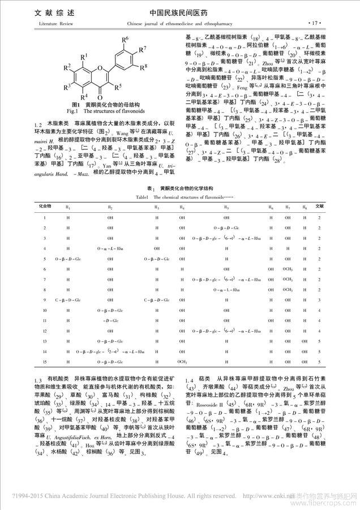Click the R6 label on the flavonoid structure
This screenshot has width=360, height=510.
pos(126,38)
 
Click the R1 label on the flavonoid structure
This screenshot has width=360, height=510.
pos(83,56)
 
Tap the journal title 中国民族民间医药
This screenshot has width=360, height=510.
pos(179,11)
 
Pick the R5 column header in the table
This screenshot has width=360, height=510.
pos(226,207)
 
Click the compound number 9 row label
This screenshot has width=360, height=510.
pos(45,299)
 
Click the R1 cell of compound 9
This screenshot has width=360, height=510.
pos(67,299)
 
